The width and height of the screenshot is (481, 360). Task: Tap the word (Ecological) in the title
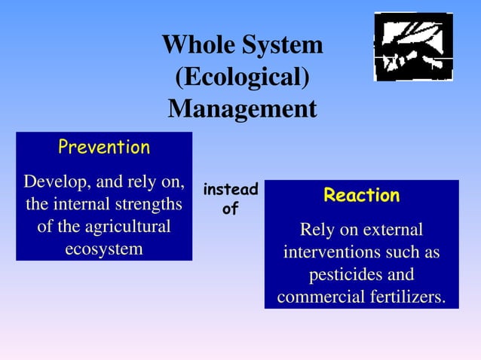coord(242,78)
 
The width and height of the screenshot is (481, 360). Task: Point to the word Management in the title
coord(242,109)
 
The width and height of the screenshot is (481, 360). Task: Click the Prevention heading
coord(104,148)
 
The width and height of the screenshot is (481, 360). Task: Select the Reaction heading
coord(361,196)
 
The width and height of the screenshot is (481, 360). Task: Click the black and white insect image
coord(413,47)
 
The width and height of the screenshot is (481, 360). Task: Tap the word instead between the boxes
coord(231,190)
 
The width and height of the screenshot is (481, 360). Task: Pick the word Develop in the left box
coord(57,182)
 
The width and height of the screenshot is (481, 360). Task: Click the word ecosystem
coord(104,249)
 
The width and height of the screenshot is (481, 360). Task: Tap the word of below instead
coord(230,210)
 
